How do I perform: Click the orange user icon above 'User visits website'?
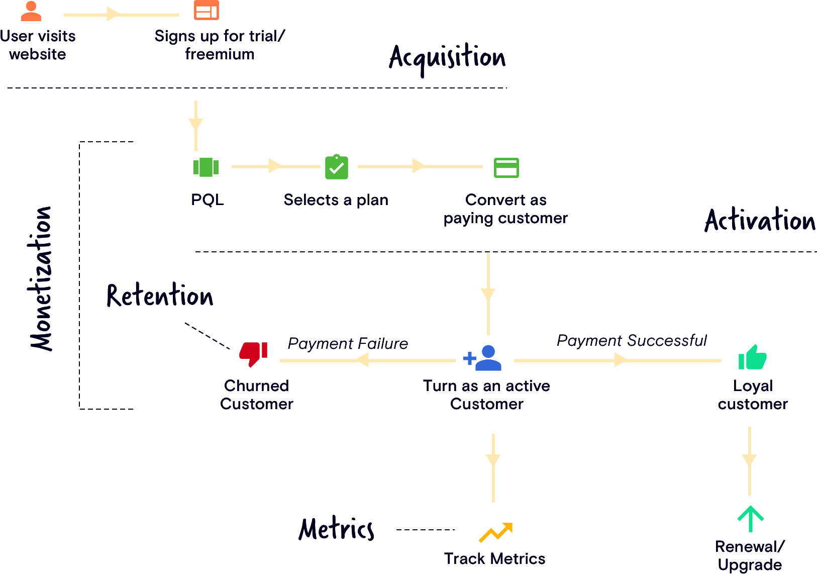pos(31,11)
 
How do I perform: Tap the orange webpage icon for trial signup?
pos(207,10)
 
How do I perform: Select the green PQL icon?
pos(206,167)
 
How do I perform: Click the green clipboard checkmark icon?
pos(337,167)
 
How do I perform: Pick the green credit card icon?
pos(506,168)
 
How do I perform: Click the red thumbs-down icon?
pos(253,354)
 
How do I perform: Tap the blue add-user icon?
pos(482,358)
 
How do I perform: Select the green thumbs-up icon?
pos(752,357)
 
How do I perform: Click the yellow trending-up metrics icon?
pos(495,532)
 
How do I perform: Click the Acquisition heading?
pos(447,57)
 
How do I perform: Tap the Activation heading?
pos(760,221)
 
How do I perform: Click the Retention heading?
pos(160,296)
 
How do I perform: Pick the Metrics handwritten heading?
pos(336,529)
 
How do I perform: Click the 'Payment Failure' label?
pos(348,344)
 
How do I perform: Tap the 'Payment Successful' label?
pos(632,341)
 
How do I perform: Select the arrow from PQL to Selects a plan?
pos(275,166)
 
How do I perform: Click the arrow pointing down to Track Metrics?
pos(493,467)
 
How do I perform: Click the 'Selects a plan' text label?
pos(336,200)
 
